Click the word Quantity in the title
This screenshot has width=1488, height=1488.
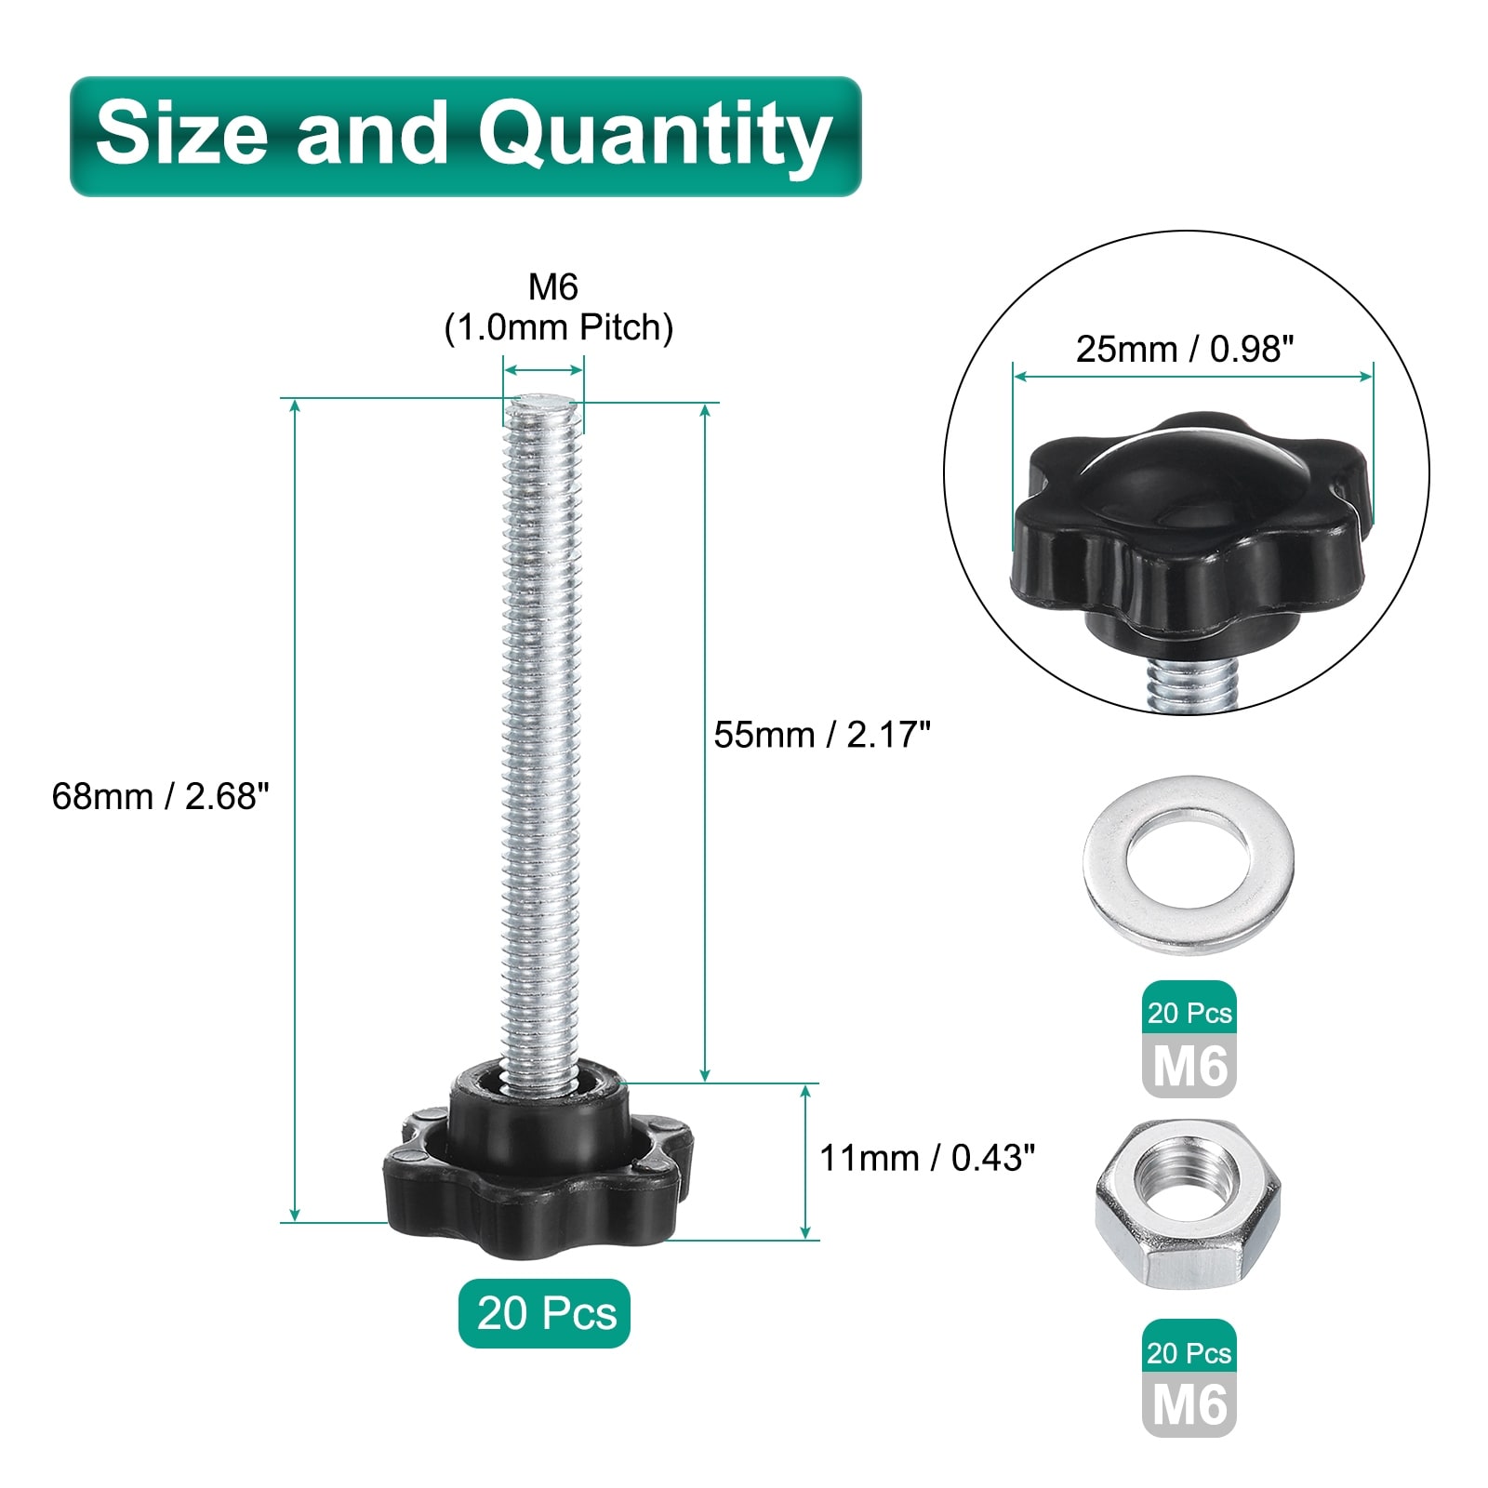[655, 137]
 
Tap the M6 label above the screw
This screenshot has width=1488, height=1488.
[553, 287]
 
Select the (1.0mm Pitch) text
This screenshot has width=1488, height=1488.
[559, 327]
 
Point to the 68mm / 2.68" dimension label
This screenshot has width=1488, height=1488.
[160, 796]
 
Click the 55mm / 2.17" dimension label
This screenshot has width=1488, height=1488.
[822, 735]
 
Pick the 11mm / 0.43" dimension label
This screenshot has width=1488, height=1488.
[927, 1158]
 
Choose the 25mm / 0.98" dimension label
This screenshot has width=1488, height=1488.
[1185, 349]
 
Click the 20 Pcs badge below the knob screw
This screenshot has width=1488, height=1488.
[545, 1313]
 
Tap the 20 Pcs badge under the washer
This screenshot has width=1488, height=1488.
[1189, 1012]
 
